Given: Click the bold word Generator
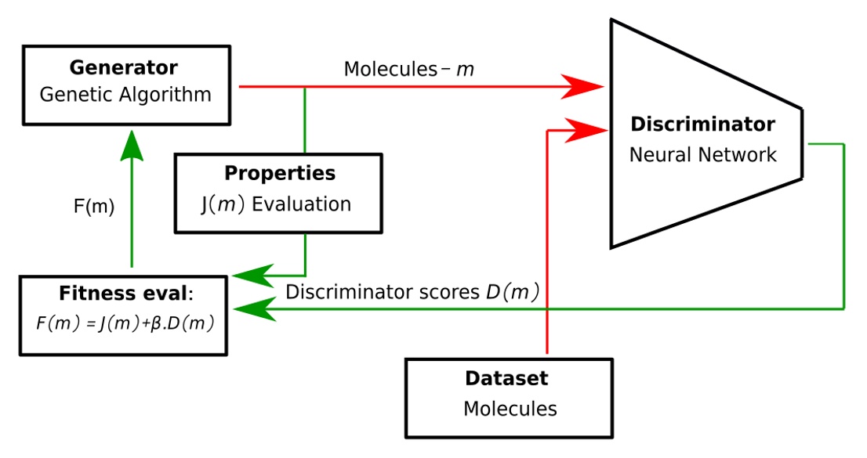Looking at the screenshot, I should pyautogui.click(x=124, y=67).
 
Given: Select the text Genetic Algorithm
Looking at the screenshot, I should pyautogui.click(x=125, y=96).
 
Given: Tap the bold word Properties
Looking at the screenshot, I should pyautogui.click(x=279, y=174).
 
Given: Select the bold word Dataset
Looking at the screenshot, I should pyautogui.click(x=506, y=379).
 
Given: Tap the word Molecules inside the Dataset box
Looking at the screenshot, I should pyautogui.click(x=510, y=409).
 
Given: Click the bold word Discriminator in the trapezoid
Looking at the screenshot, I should pyautogui.click(x=702, y=124).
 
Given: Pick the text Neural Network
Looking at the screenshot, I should pyautogui.click(x=702, y=154).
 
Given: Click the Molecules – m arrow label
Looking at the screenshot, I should pyautogui.click(x=408, y=70).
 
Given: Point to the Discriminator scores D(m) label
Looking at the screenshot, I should pyautogui.click(x=412, y=293).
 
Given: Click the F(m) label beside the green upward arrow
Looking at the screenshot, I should pyautogui.click(x=93, y=207).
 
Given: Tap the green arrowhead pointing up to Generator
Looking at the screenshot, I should pyautogui.click(x=131, y=146).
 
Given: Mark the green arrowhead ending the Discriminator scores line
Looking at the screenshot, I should pyautogui.click(x=249, y=309).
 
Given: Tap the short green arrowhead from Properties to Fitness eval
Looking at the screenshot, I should pyautogui.click(x=249, y=275).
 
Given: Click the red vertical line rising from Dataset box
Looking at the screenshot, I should pyautogui.click(x=546, y=329).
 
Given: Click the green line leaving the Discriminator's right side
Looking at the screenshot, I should pyautogui.click(x=843, y=227).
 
